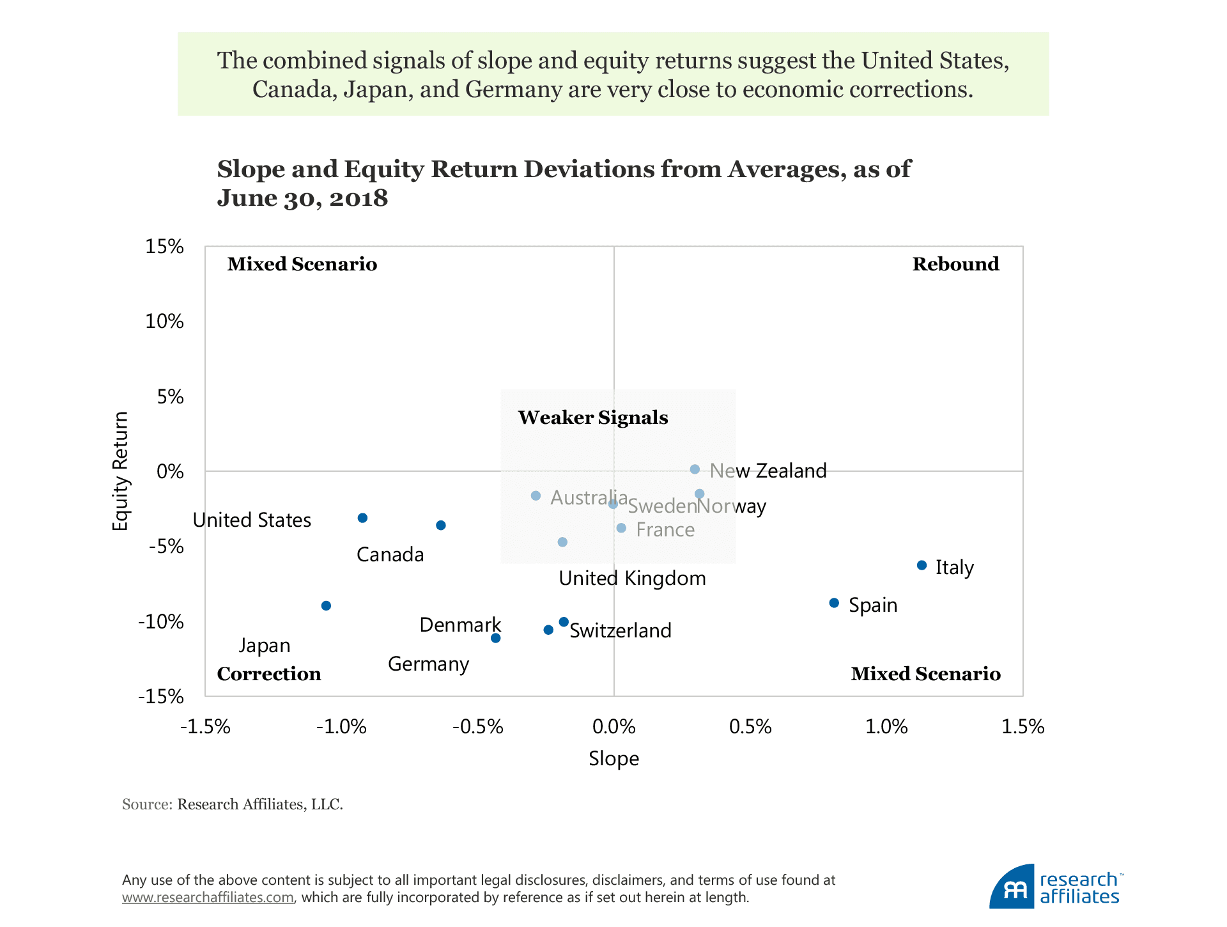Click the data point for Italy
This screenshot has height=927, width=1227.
(922, 565)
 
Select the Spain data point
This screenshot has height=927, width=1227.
(834, 603)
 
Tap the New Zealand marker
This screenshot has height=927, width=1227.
(695, 469)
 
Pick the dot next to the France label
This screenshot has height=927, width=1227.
(621, 528)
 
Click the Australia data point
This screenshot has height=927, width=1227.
(536, 495)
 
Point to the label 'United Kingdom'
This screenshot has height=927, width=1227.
(632, 579)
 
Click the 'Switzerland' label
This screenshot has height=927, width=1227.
(621, 631)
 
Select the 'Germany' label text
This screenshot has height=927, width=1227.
(428, 664)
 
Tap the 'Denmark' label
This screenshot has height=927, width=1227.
(460, 625)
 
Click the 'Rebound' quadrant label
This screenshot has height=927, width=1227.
(955, 264)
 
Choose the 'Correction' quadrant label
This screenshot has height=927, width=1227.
(269, 674)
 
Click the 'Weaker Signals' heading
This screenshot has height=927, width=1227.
(593, 417)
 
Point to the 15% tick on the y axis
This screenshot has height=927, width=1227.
(164, 247)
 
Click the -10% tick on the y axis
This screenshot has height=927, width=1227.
(161, 621)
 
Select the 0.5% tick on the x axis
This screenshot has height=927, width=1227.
(750, 727)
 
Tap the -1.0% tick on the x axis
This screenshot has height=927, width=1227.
(341, 727)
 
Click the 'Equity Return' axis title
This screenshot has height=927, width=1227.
(120, 471)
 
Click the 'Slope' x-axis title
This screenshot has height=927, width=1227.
(613, 759)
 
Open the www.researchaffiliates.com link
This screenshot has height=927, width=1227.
(208, 898)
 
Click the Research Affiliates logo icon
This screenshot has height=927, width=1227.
(1012, 888)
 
